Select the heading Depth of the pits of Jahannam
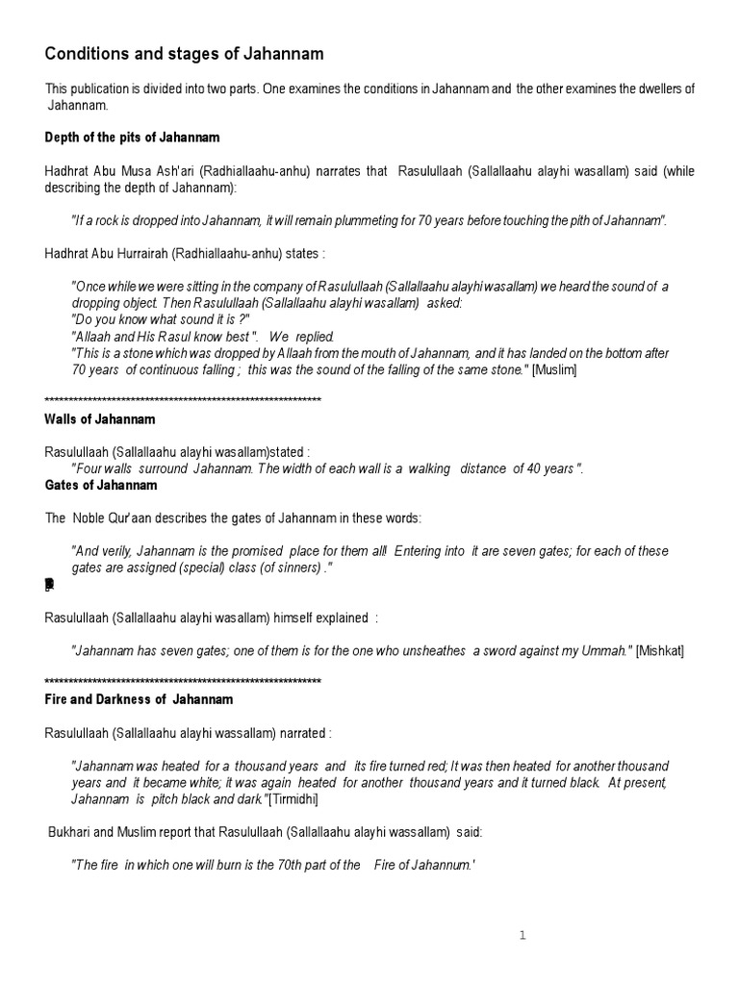[133, 138]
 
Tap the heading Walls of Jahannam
[100, 419]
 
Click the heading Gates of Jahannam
[101, 485]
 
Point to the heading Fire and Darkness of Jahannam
[139, 699]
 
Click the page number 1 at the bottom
[522, 934]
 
